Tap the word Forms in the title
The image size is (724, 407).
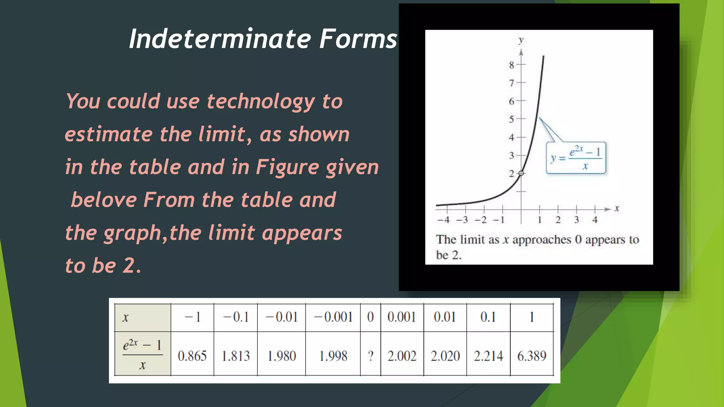coord(358,39)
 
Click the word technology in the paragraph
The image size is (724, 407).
coord(261,101)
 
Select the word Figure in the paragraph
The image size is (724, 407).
coord(287,167)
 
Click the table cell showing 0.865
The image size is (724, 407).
coord(192,355)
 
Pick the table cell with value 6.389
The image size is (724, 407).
coord(532,355)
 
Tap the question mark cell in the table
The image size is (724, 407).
coord(370,355)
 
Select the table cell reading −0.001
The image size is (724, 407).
coord(333,317)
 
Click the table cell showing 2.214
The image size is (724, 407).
coord(488,355)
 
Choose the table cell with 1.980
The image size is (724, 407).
coord(281,355)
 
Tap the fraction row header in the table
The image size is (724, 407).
coord(143,354)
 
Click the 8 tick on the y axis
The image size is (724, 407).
coord(512,65)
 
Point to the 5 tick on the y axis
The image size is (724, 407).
coord(512,119)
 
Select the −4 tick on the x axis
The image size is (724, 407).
coord(444,220)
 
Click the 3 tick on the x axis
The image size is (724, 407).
coord(576,220)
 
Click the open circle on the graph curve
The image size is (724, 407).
coord(521,173)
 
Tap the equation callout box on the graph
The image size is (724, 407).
coord(576,158)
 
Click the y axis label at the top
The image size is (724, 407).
coord(521,40)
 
